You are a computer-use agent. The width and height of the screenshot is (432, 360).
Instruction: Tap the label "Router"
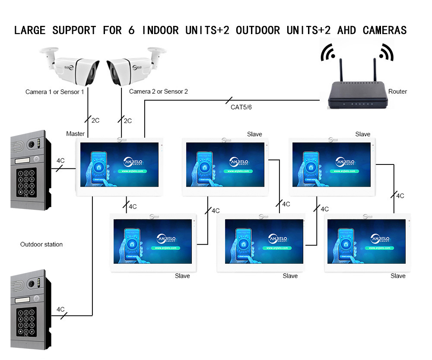pyautogui.click(x=397, y=92)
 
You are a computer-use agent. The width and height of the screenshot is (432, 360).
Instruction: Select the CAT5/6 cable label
pyautogui.click(x=241, y=107)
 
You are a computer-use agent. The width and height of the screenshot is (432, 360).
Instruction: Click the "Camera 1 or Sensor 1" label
pyautogui.click(x=55, y=92)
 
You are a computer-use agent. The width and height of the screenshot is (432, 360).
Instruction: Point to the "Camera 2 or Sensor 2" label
pyautogui.click(x=159, y=92)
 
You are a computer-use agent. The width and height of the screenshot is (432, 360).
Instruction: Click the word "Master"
pyautogui.click(x=75, y=134)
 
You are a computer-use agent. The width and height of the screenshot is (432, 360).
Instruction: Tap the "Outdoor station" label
pyautogui.click(x=41, y=244)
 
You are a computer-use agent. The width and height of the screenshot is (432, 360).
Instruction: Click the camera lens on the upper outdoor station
pyautogui.click(x=31, y=144)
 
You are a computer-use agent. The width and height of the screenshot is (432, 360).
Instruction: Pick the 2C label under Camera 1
pyautogui.click(x=96, y=120)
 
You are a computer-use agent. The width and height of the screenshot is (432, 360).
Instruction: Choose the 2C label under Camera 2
pyautogui.click(x=127, y=120)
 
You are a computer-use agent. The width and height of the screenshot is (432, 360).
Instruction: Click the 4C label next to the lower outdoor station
pyautogui.click(x=60, y=309)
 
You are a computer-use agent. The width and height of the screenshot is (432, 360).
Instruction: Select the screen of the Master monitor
pyautogui.click(x=119, y=164)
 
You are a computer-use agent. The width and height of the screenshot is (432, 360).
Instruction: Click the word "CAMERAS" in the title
pyautogui.click(x=384, y=30)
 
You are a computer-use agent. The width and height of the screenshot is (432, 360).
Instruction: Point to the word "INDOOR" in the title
pyautogui.click(x=160, y=30)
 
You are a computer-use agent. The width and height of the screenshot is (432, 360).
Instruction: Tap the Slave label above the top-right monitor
pyautogui.click(x=362, y=134)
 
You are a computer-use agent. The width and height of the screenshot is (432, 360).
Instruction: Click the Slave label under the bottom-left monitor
pyautogui.click(x=182, y=276)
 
